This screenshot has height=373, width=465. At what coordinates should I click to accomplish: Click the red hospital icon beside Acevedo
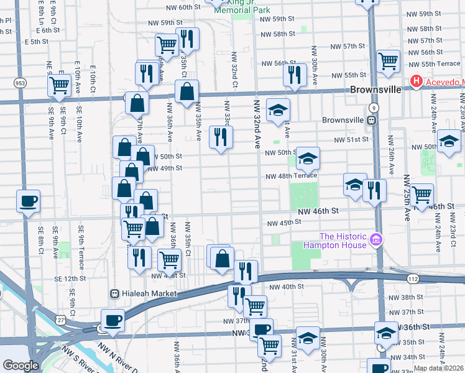pos(416,81)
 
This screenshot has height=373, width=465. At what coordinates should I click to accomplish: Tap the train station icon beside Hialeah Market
pos(114,293)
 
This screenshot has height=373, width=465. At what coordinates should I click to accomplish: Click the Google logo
pos(20,366)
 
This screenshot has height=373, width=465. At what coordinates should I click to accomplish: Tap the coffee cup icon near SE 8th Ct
pos(29,201)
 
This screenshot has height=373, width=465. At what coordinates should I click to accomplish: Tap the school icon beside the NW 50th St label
pos(307,159)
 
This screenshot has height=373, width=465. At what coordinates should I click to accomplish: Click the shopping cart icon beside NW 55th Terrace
pos(388,60)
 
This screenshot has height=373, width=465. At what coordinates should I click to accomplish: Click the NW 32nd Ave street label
pos(256,122)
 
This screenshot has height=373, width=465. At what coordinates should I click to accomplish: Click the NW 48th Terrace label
pos(287,177)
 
